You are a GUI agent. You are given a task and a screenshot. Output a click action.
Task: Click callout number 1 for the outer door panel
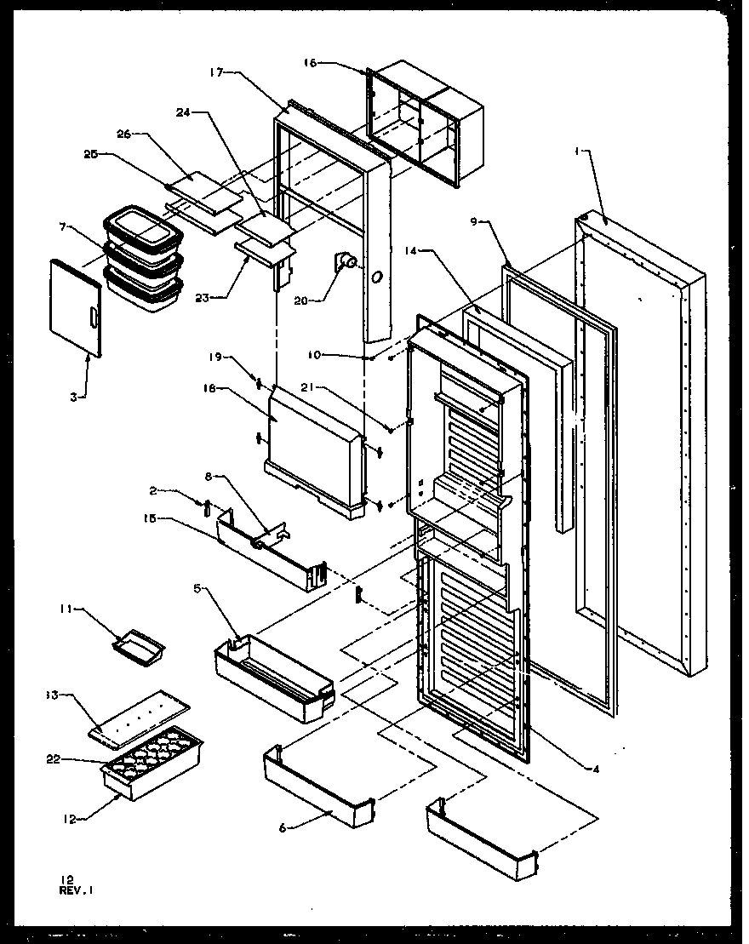tap(577, 151)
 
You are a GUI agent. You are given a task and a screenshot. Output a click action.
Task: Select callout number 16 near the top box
tap(310, 63)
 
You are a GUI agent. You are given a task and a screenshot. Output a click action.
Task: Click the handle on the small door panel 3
tap(93, 319)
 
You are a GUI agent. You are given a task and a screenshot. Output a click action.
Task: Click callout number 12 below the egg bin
tap(71, 819)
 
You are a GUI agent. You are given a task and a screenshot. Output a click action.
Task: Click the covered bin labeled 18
tap(315, 447)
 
